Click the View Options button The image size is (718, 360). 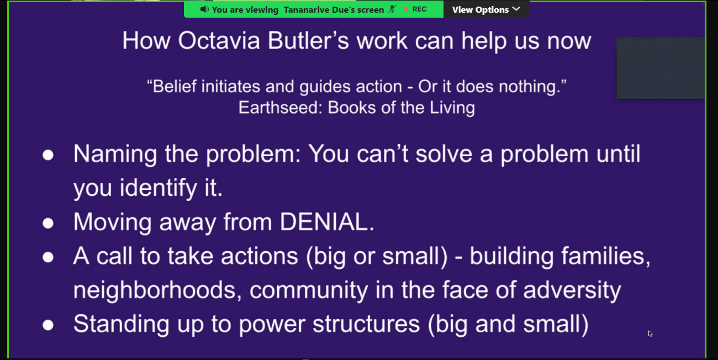[486, 9]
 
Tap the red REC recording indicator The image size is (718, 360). [415, 9]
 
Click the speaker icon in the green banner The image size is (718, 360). [204, 9]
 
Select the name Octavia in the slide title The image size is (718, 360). [219, 41]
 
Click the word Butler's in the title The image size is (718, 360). [308, 41]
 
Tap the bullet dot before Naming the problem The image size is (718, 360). [48, 155]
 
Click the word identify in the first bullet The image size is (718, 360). [159, 188]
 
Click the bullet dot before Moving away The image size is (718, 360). [48, 223]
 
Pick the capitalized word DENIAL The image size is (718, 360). [327, 222]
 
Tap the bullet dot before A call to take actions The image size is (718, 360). [48, 257]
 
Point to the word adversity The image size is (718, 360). [572, 290]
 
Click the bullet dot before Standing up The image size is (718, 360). [48, 325]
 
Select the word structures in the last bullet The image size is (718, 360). [366, 324]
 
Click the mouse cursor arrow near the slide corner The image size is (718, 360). [650, 333]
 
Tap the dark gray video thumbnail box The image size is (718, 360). [661, 68]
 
